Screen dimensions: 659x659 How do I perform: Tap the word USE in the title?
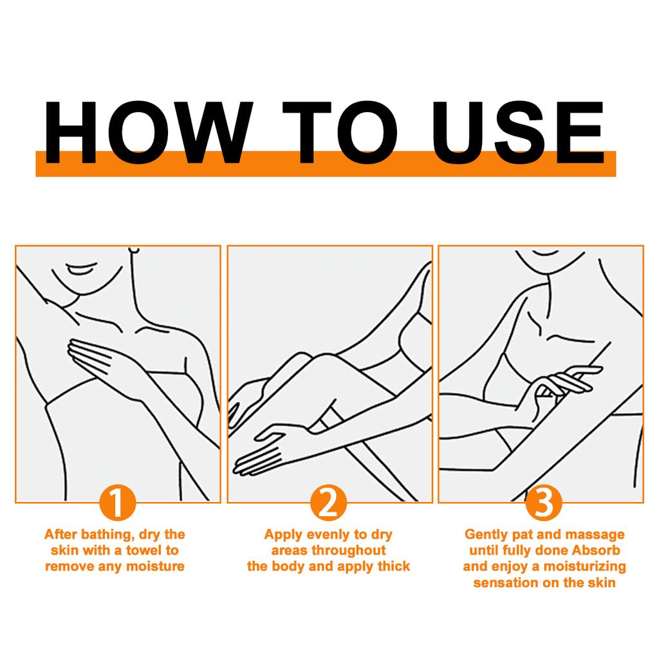[519, 132]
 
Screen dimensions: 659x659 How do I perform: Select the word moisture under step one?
[156, 566]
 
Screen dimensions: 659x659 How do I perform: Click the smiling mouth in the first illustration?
[82, 269]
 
